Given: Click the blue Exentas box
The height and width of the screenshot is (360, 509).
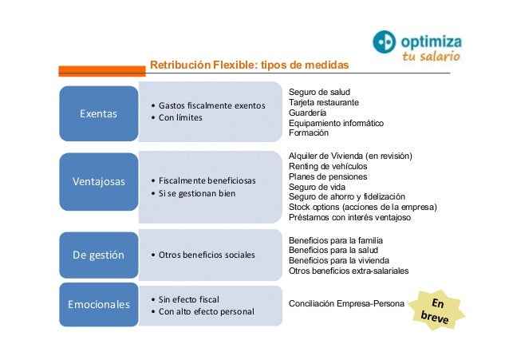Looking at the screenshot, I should coord(97,113).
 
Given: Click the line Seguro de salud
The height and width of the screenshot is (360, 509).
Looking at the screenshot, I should coord(319,93).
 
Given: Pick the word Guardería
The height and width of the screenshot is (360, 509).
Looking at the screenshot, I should coord(308,113).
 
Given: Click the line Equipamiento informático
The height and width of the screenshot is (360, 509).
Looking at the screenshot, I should coord(336,124).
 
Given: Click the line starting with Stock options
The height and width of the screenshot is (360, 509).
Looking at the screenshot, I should coord(362,206).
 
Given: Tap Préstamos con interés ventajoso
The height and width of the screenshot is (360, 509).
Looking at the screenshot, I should coord(349,216).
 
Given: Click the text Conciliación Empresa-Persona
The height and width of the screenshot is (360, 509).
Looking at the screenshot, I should coord(345,304).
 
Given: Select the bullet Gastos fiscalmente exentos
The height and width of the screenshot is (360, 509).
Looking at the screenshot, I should coord(211,105).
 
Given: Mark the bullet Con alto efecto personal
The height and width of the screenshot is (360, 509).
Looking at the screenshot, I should coord(207,311).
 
